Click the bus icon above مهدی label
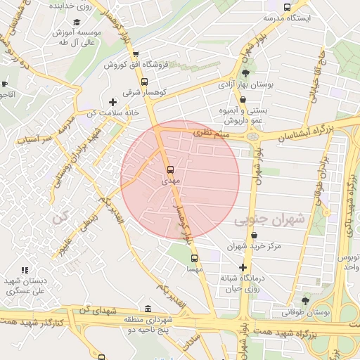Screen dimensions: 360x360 point(169,169)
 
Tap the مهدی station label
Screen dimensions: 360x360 point(170,181)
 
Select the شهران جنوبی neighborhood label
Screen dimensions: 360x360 point(270,219)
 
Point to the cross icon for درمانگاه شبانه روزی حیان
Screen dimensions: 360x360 point(243,267)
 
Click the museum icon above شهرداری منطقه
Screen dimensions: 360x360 point(147,309)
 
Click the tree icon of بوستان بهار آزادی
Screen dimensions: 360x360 point(245,73)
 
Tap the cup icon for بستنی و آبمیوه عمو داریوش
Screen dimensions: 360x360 point(243,99)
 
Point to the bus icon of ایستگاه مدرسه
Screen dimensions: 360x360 point(286,7)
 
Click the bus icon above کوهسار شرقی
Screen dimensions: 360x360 point(145,81)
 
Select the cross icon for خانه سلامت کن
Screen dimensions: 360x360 point(112,103)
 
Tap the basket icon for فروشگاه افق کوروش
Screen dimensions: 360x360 point(136,53)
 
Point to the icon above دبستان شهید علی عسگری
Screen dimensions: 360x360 point(25,270)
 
